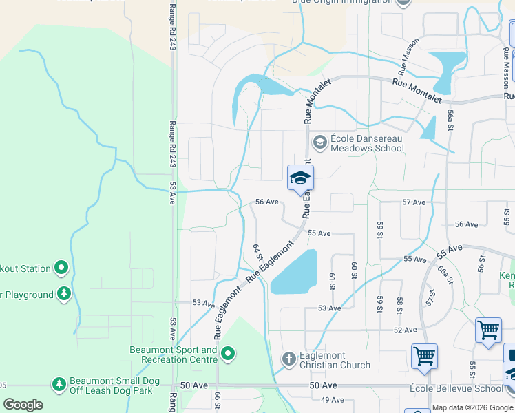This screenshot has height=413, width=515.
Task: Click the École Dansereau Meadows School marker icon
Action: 319,142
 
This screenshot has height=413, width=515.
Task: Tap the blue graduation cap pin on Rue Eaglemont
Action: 300,178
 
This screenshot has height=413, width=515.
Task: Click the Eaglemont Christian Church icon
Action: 290,359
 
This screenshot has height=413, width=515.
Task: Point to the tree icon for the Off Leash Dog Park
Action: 59,384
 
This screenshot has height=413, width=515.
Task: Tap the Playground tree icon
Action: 63,295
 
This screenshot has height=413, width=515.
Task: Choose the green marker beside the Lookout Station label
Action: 61,268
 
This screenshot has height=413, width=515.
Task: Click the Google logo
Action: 23,405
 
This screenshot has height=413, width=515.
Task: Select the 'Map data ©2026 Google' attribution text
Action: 473,407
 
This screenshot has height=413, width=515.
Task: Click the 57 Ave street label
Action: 414,202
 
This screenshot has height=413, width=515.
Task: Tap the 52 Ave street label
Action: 406,330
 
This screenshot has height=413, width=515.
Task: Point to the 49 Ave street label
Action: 332,400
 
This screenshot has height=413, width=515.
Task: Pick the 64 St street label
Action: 257,252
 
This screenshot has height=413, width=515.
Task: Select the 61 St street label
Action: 332,280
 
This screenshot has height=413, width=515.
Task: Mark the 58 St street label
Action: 399,305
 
